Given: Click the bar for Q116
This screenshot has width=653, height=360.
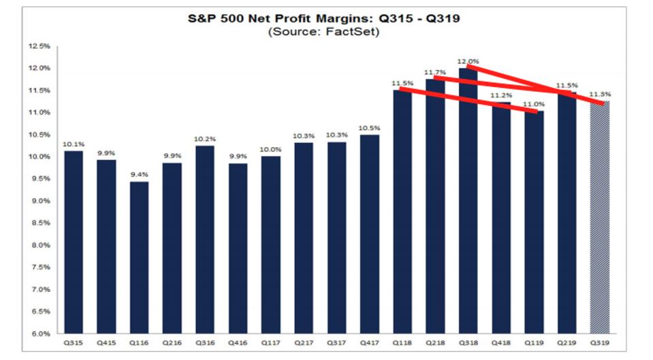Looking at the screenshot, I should pos(139,257).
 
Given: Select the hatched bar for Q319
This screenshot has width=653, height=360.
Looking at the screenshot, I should pos(599,218).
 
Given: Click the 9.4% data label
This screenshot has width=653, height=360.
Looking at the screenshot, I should pos(139,174).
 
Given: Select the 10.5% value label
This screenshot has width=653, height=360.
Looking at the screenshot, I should pos(370,128).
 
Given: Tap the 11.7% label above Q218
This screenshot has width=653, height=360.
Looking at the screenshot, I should pos(435,72).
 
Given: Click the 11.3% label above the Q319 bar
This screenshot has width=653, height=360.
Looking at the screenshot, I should pos(599,95).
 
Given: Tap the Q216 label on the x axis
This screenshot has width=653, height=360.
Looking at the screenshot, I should pos(172,344).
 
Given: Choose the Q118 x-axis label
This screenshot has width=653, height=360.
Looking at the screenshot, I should pos(402,344).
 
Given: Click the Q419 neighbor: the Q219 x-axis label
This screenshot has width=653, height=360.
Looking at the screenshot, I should pos(567,344).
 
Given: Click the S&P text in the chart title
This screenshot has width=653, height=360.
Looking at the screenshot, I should pos(202,18).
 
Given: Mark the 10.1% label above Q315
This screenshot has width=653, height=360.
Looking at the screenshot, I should pos(74,144).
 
